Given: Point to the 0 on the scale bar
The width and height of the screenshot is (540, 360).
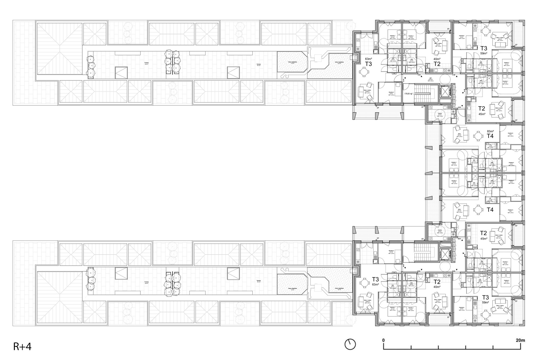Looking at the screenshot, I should tap(383, 340).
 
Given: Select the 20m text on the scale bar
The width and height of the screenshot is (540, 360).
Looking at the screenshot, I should tap(520, 340).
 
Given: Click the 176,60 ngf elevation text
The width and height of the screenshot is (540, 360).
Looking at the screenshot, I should tap(408, 94).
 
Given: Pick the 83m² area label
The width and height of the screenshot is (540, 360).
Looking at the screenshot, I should tap(490, 132).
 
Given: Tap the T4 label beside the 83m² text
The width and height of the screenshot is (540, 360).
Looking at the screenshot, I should tap(490, 136).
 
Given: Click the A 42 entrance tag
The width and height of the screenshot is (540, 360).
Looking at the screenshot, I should tap(419, 75).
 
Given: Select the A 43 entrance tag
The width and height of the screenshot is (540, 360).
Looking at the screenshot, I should tap(454, 75).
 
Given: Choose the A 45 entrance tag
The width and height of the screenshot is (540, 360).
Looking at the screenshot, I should tap(459, 107).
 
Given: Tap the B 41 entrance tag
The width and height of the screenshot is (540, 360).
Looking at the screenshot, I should tap(404, 265).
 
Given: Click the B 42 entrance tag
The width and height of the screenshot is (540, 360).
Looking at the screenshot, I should tap(419, 271).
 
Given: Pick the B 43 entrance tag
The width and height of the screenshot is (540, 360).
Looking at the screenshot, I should tap(454, 271).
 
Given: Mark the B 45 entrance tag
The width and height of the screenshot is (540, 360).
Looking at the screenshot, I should tap(459, 239).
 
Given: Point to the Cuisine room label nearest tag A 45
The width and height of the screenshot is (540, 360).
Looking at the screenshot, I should tap(440, 113).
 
